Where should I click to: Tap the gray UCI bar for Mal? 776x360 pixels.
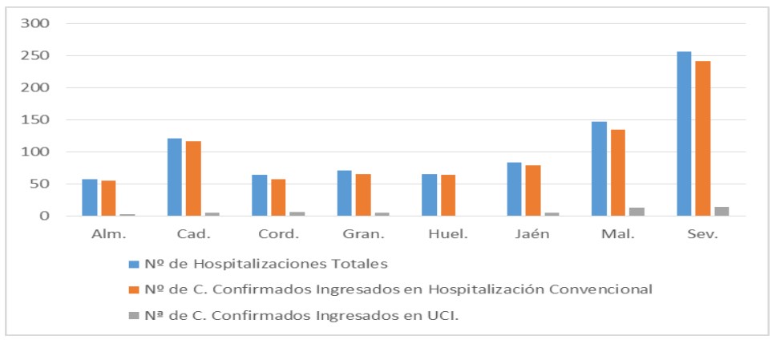(x=637, y=212)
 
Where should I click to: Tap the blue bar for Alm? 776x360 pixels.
(x=90, y=197)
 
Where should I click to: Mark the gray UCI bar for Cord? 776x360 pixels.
(x=297, y=213)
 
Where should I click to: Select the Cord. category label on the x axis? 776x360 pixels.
(x=279, y=235)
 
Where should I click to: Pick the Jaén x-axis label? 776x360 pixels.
(x=533, y=235)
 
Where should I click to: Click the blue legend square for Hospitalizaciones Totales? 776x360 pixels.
(x=134, y=263)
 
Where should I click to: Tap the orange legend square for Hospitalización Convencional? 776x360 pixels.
(x=134, y=289)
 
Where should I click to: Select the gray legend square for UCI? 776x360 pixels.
(x=134, y=314)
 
